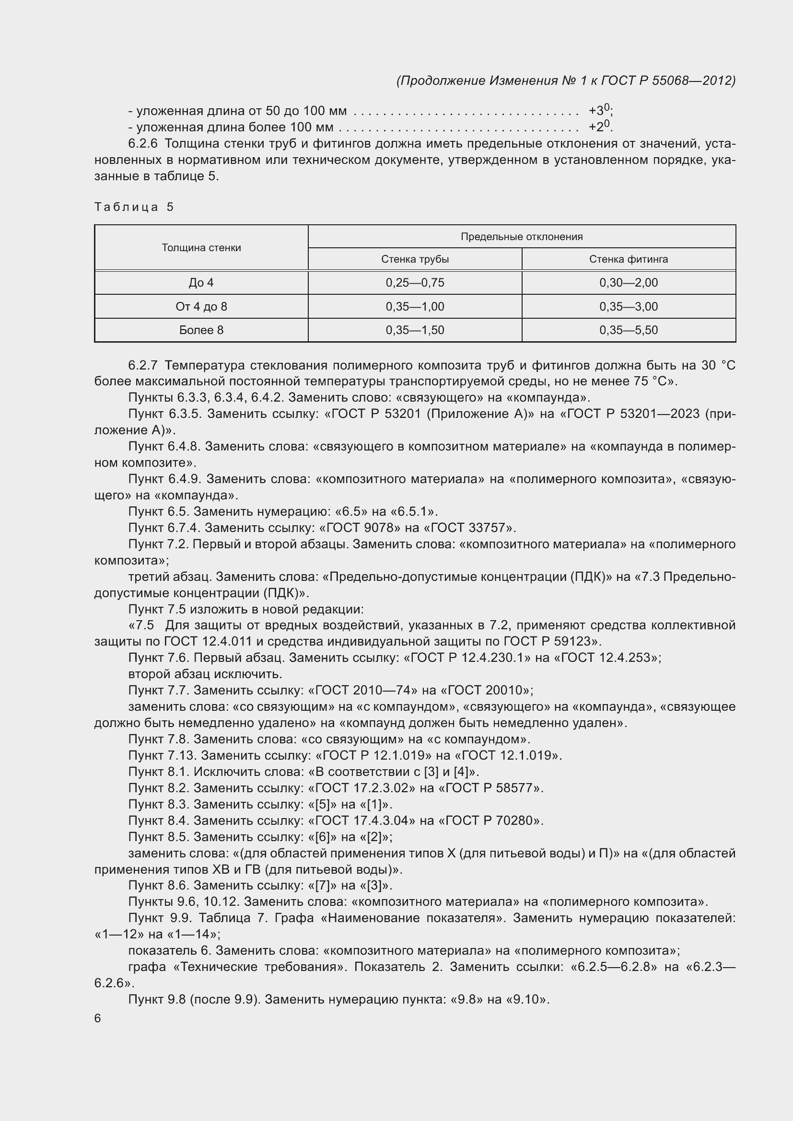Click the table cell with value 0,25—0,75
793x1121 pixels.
pyautogui.click(x=415, y=283)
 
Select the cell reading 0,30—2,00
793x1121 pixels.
pyautogui.click(x=629, y=283)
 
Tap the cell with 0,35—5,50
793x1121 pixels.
pyautogui.click(x=629, y=330)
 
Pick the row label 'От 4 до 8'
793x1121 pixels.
pyautogui.click(x=201, y=307)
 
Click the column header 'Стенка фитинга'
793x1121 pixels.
pyautogui.click(x=629, y=259)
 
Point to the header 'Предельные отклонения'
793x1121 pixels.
pyautogui.click(x=522, y=237)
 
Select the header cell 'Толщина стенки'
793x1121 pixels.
pyautogui.click(x=201, y=247)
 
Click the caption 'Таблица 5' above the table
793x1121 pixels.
pyautogui.click(x=134, y=207)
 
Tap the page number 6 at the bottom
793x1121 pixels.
pyautogui.click(x=98, y=1018)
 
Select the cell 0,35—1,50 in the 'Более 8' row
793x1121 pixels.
pyautogui.click(x=415, y=330)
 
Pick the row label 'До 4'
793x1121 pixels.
pyautogui.click(x=201, y=283)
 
